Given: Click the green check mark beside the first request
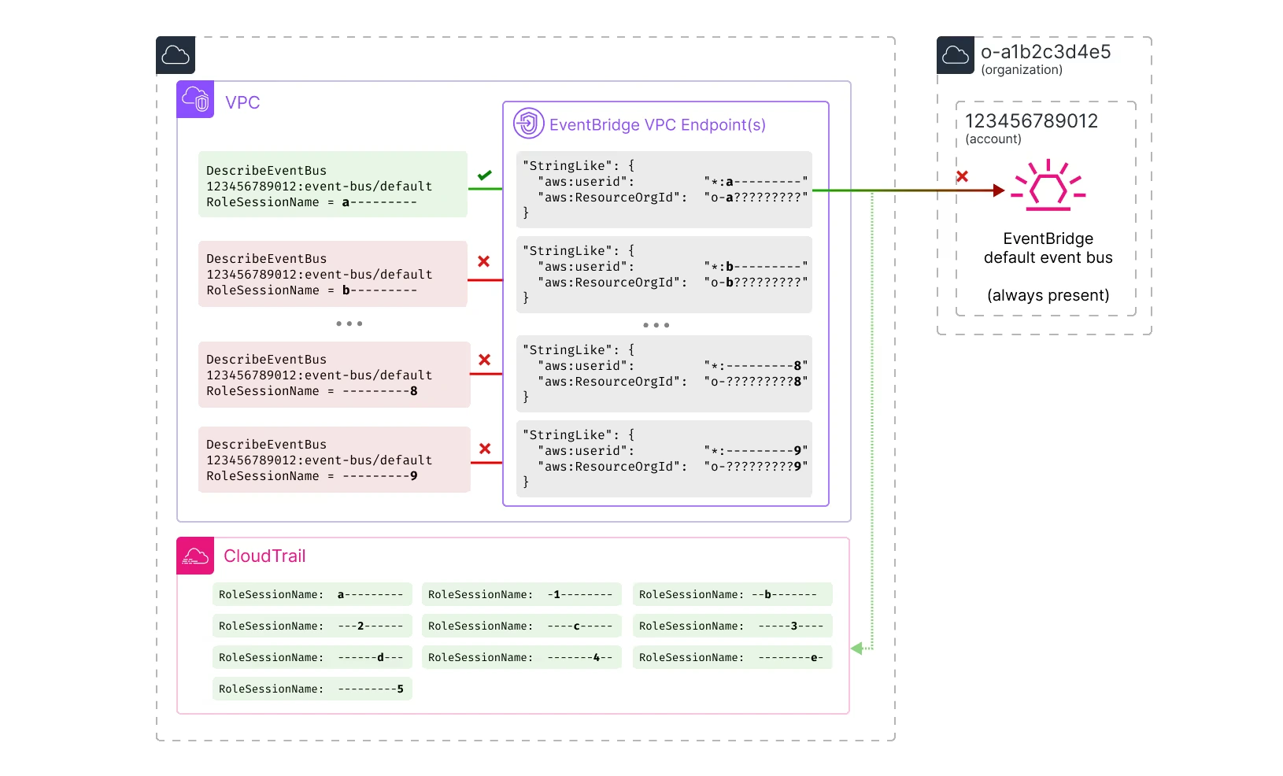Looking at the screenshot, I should [x=484, y=176].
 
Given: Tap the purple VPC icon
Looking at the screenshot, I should [x=195, y=100].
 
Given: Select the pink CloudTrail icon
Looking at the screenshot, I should [x=195, y=556].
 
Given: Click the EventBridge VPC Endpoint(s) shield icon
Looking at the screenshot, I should [x=528, y=124].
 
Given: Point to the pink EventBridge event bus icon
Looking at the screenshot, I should [x=1048, y=187].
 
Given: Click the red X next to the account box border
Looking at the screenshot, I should [x=962, y=176].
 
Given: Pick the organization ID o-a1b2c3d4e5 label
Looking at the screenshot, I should [x=1045, y=52].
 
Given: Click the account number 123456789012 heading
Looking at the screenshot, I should [x=1031, y=121].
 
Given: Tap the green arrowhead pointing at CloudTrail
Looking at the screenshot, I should [x=857, y=649].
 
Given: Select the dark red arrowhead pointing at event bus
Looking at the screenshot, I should [x=999, y=190].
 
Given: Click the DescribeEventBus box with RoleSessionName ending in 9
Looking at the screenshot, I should [x=334, y=460].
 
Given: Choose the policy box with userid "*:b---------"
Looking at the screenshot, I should [x=664, y=275].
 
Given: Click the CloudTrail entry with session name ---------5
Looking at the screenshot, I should [x=312, y=689].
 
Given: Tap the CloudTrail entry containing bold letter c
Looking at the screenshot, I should [x=521, y=626].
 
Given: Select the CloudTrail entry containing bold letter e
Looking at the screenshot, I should [x=732, y=657].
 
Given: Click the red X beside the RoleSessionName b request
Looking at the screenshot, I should [x=483, y=261].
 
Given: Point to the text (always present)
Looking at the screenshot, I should [x=1048, y=295].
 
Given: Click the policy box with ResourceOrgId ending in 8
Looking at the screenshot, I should [x=664, y=374].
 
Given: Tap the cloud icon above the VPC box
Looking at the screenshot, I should [x=175, y=55].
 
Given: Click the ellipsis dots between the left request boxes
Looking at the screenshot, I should [x=349, y=323].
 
